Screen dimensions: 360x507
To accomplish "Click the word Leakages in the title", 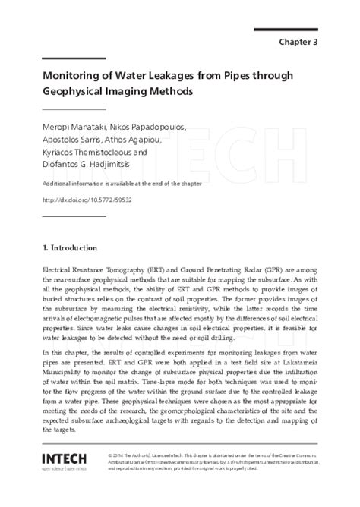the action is [177, 74].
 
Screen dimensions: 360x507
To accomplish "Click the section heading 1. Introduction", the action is [69, 247].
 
